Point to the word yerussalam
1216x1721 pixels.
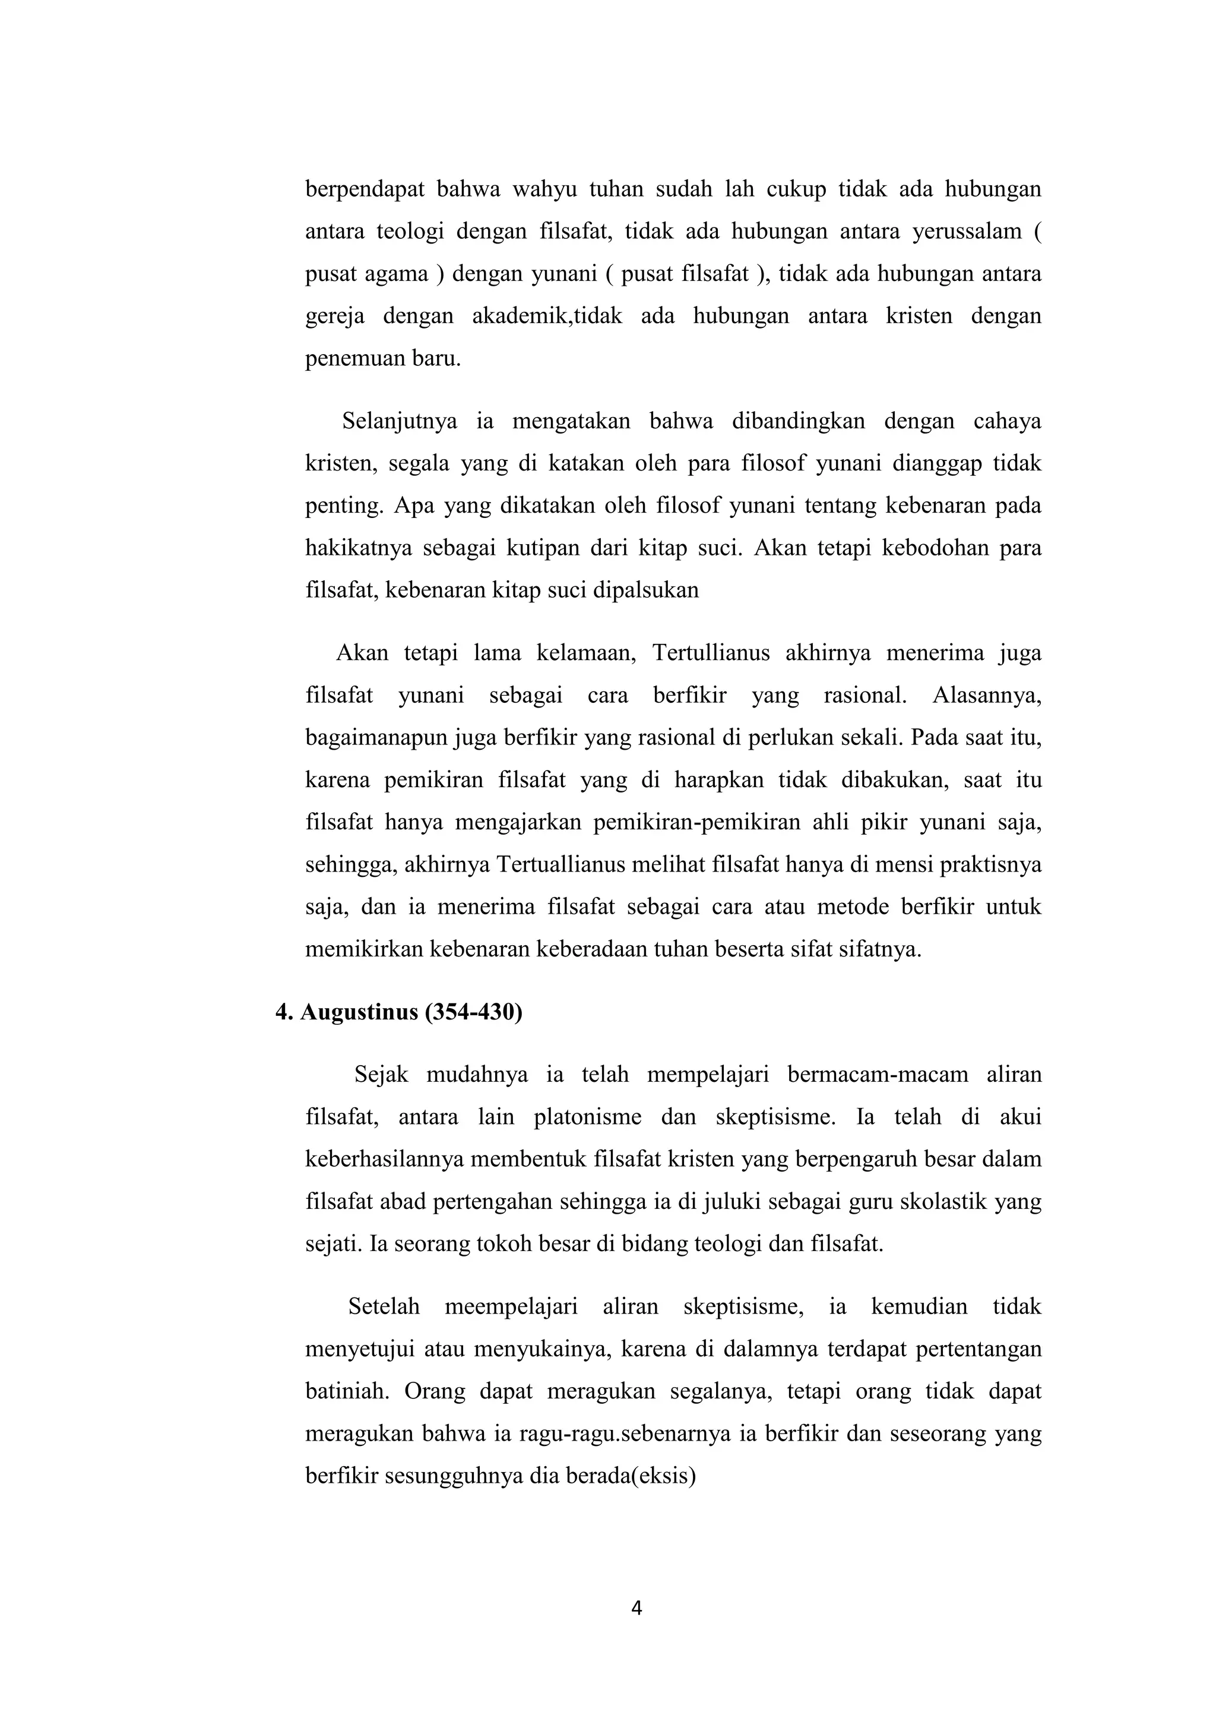[x=967, y=232]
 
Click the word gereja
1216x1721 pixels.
[x=334, y=316]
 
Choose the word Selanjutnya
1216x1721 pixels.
[x=400, y=421]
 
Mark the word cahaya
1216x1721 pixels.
[x=1007, y=421]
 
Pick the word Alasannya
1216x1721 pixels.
[x=987, y=696]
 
